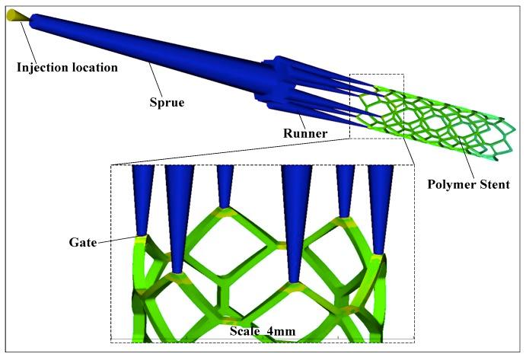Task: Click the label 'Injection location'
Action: [x=67, y=67]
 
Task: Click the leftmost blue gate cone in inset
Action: [x=142, y=194]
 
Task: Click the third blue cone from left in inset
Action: [x=225, y=183]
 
